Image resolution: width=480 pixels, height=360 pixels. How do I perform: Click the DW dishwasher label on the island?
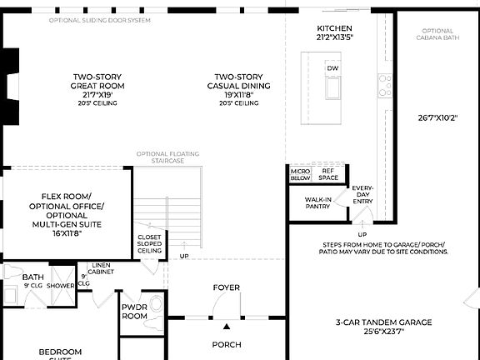tap(332, 68)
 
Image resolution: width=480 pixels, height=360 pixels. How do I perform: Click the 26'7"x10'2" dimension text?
tap(438, 117)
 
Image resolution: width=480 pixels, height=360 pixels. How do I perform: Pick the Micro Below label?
tap(300, 174)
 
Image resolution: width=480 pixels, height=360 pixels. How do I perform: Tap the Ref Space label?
tap(328, 174)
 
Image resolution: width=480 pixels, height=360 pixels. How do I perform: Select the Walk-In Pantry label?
tap(317, 202)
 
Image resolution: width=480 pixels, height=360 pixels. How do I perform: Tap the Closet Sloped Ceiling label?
tap(150, 243)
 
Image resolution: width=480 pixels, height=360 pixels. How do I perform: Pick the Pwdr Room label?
tap(133, 311)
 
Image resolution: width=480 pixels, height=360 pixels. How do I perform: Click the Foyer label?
tap(226, 287)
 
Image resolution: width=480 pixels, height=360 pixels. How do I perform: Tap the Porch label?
tap(226, 344)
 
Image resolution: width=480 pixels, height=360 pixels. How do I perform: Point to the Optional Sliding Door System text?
tap(100, 19)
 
